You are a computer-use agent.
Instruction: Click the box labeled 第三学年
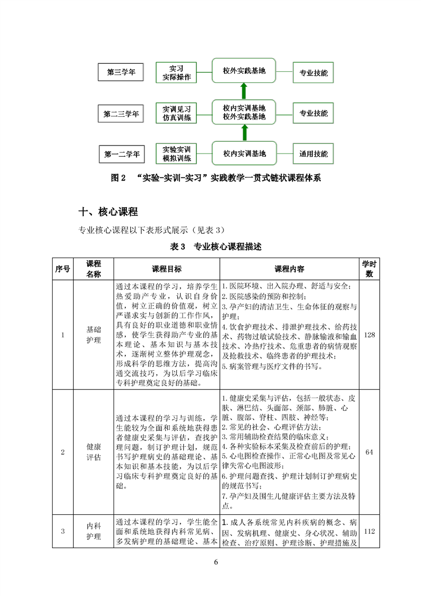click(121, 73)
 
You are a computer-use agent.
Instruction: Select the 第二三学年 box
click(121, 114)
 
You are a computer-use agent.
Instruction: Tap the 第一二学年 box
click(122, 155)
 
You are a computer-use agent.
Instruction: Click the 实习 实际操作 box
click(176, 73)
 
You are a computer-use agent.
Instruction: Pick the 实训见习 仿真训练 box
click(176, 114)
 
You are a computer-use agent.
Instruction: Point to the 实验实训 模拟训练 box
click(176, 154)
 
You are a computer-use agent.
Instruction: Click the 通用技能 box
click(313, 155)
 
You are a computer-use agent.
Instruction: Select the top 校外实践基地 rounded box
click(244, 70)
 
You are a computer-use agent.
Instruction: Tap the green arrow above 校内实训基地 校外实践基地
click(244, 90)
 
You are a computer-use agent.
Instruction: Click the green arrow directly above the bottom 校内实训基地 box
click(244, 132)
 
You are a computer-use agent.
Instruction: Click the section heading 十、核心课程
click(108, 212)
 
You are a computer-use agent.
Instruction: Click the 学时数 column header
click(369, 269)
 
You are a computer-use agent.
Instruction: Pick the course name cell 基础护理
click(93, 335)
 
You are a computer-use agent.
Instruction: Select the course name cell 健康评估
click(93, 452)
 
